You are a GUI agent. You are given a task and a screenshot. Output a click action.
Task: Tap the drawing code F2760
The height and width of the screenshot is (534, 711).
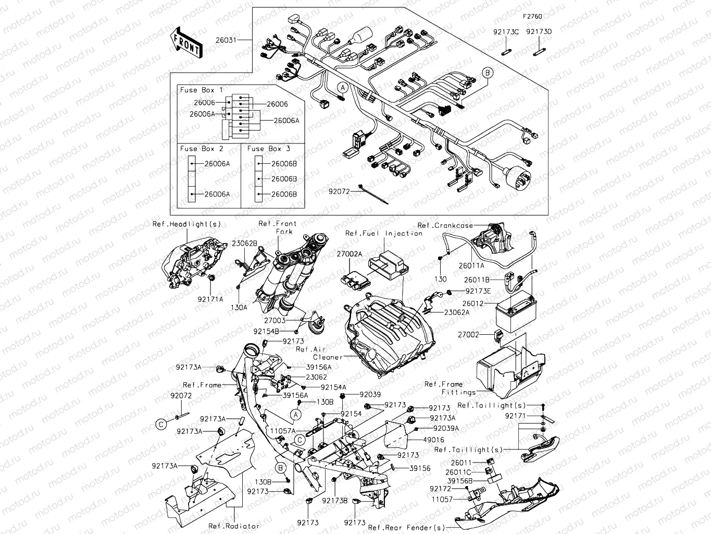pyautogui.click(x=532, y=17)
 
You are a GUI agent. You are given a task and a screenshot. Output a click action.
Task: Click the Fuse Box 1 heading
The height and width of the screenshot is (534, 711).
pyautogui.click(x=201, y=90)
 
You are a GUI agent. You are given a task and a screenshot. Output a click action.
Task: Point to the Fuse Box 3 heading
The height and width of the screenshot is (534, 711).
pyautogui.click(x=269, y=149)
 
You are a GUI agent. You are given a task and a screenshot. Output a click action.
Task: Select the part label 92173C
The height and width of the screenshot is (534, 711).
pyautogui.click(x=506, y=32)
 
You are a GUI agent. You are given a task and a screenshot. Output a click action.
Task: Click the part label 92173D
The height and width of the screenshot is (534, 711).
pyautogui.click(x=539, y=32)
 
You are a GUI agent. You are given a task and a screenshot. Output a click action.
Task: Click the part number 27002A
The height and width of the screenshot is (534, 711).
pyautogui.click(x=349, y=254)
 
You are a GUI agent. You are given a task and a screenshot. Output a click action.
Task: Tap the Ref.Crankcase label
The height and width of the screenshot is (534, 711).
pyautogui.click(x=445, y=225)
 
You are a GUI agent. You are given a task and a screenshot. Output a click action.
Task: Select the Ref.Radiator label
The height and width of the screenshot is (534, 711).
pyautogui.click(x=233, y=526)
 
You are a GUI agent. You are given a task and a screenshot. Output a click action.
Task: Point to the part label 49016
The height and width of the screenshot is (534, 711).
pyautogui.click(x=433, y=440)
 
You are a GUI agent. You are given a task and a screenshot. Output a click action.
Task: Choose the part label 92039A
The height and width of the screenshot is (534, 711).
pyautogui.click(x=446, y=428)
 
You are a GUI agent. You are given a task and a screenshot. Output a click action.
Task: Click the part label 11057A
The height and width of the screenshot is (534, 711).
pyautogui.click(x=283, y=431)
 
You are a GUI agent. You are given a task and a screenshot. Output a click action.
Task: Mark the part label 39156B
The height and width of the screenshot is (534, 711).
pyautogui.click(x=459, y=481)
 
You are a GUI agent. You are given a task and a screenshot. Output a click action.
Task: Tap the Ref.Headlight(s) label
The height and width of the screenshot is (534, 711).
pyautogui.click(x=186, y=224)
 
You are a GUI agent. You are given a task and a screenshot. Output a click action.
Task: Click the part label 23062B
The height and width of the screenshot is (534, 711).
pyautogui.click(x=244, y=244)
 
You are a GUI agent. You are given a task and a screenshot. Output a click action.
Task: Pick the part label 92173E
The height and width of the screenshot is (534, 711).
pyautogui.click(x=478, y=292)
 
